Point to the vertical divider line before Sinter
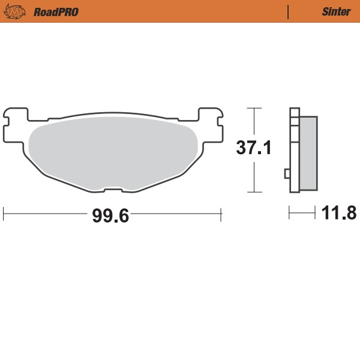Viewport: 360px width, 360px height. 289,11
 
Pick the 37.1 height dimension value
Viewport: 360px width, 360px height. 253,148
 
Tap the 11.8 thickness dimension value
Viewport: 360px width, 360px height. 340,212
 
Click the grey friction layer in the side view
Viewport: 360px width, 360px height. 308,152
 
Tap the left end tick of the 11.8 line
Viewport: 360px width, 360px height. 290,212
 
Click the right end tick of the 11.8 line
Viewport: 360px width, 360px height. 316,212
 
